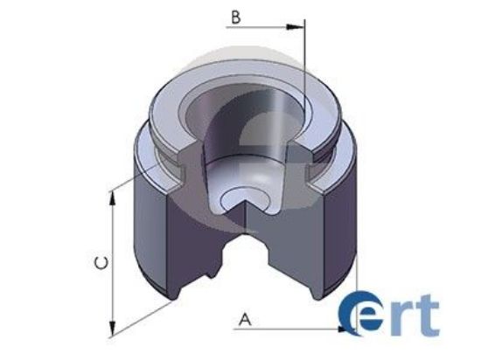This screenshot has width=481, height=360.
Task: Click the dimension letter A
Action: pyautogui.click(x=245, y=319)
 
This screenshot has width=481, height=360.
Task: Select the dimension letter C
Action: pyautogui.click(x=101, y=263)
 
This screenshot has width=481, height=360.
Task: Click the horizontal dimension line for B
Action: pyautogui.click(x=262, y=28)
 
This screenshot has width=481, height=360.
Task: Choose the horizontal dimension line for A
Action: pyautogui.click(x=289, y=329)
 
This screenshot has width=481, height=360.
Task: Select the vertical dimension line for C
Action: pyautogui.click(x=112, y=262)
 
